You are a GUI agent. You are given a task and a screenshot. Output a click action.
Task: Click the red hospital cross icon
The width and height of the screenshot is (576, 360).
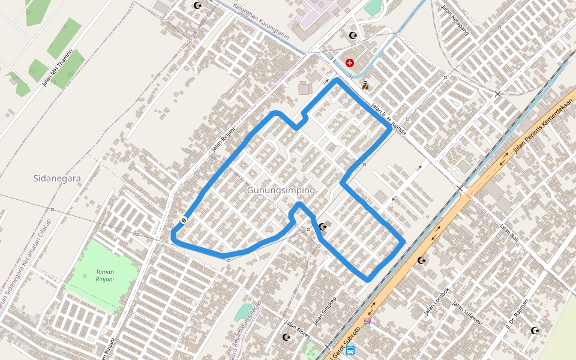(x=350, y=62)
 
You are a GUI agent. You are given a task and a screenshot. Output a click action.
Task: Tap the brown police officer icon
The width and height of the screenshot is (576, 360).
(x=365, y=85)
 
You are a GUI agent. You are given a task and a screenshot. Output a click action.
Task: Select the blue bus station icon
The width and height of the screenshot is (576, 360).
(x=350, y=350)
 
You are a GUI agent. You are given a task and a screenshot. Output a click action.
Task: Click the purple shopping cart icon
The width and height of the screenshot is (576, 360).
(x=367, y=321)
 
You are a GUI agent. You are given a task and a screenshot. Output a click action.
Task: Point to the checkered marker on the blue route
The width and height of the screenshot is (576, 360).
(x=183, y=220)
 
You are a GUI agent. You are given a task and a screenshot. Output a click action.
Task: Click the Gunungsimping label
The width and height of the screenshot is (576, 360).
(x=281, y=190)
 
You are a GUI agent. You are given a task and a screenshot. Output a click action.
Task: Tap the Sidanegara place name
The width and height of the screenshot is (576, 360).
(x=57, y=178)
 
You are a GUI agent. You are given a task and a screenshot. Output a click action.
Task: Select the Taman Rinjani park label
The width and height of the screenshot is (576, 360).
(x=105, y=275)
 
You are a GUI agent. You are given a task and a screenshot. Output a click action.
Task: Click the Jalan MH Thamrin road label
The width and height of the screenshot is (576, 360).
(x=58, y=68)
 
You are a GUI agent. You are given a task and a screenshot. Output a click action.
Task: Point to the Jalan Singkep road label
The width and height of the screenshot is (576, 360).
(x=325, y=311)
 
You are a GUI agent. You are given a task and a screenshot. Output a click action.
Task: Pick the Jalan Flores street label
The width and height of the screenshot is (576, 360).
(x=297, y=329)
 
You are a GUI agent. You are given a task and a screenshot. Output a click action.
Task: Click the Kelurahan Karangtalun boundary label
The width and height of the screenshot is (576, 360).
(x=259, y=17)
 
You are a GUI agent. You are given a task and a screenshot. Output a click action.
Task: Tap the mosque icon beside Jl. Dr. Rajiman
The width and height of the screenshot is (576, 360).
(x=535, y=331)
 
